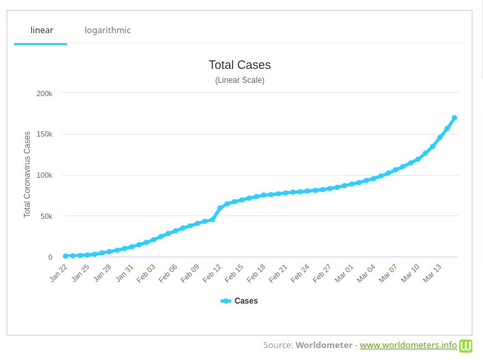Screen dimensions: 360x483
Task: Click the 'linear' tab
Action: (41, 30)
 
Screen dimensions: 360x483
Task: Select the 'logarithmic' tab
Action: (107, 30)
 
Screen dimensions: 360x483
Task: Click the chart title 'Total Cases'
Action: (239, 65)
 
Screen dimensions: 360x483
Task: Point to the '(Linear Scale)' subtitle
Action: (239, 80)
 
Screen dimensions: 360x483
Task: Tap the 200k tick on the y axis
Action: (44, 93)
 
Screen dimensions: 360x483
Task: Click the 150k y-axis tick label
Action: (44, 135)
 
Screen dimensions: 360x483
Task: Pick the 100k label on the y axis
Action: (44, 176)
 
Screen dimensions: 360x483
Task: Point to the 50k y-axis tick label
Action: (46, 216)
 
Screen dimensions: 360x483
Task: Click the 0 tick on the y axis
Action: (50, 257)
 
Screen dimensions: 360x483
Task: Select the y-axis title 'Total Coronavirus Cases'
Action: (27, 174)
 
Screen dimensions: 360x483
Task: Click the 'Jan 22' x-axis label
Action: (59, 272)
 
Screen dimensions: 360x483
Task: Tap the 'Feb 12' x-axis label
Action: (212, 272)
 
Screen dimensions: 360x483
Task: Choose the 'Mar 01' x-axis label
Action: (344, 272)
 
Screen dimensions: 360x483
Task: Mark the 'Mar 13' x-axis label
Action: (432, 272)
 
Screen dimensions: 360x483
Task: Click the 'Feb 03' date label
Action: (146, 272)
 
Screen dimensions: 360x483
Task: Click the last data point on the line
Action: (455, 118)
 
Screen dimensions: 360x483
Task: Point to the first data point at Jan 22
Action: (66, 256)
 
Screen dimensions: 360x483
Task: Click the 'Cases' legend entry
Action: (239, 301)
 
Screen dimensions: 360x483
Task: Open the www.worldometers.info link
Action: (408, 345)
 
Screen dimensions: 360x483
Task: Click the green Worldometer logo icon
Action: (466, 345)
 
